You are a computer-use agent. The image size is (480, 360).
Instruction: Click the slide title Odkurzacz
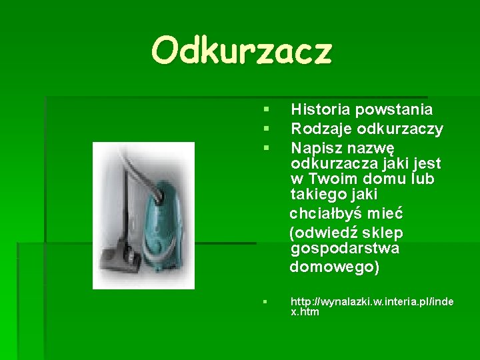(x=241, y=51)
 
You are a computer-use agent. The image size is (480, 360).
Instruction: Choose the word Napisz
(x=316, y=147)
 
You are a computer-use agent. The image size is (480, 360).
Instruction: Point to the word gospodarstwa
(x=345, y=249)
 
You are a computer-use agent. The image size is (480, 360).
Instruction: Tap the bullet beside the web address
(x=265, y=302)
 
